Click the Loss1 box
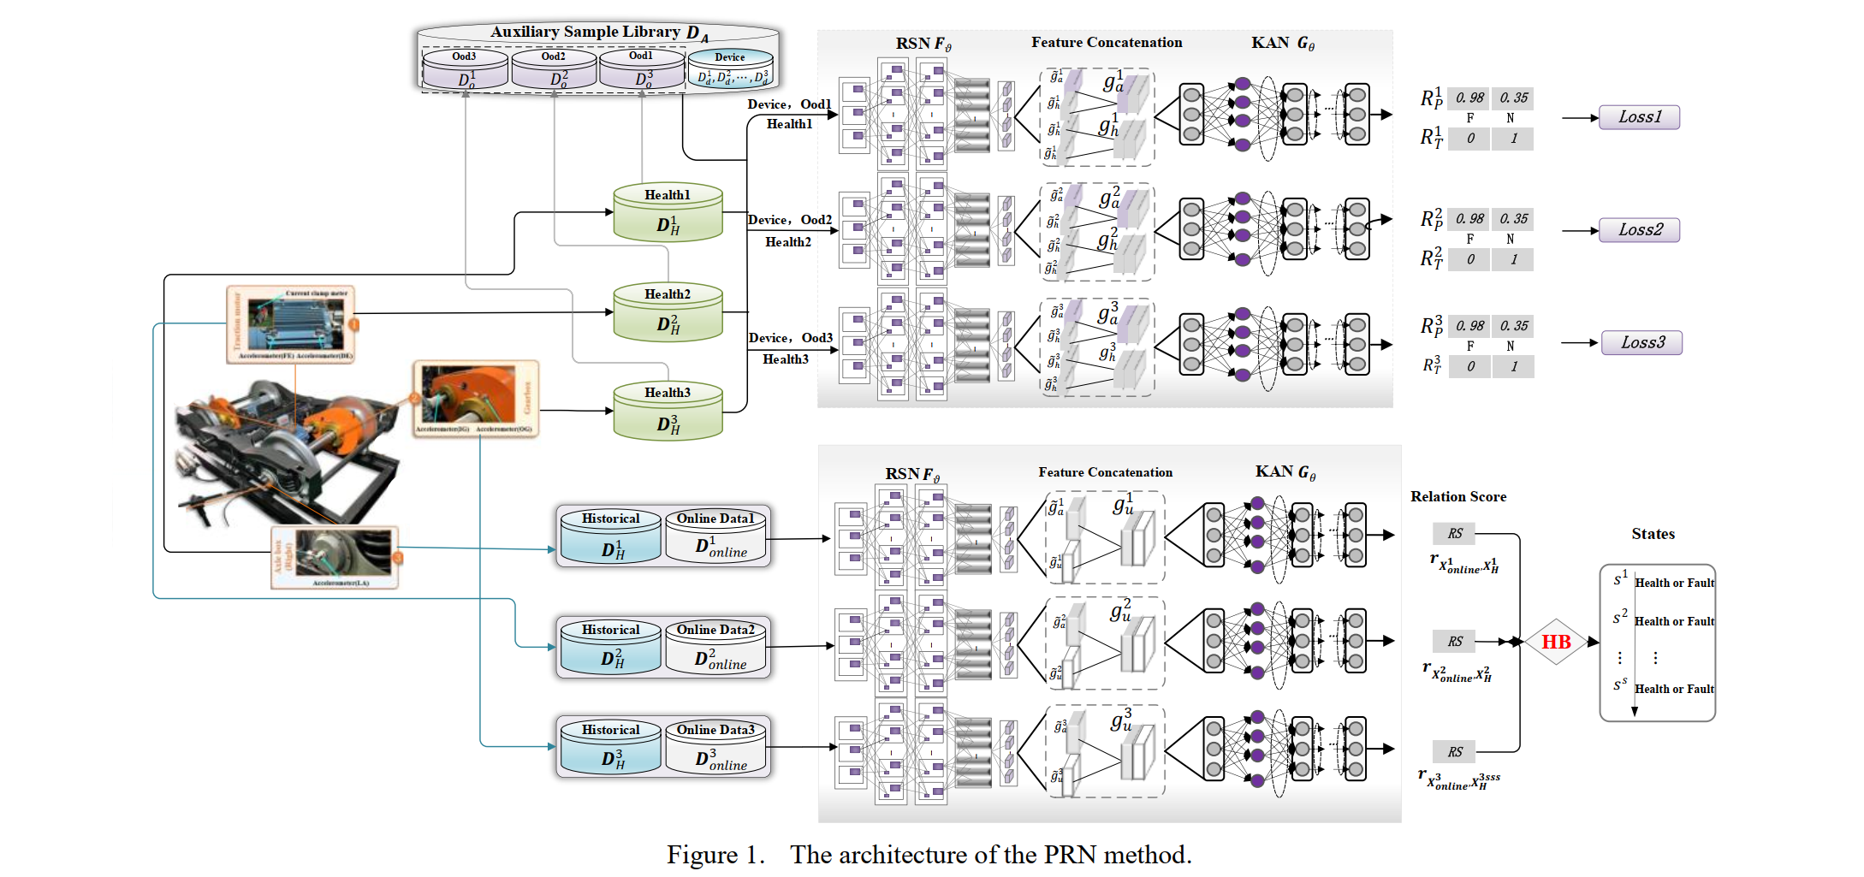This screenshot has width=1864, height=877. pos(1639,117)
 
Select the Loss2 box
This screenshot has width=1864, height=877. pos(1639,230)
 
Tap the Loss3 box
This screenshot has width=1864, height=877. pos(1641,343)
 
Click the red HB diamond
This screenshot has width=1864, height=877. pos(1556,642)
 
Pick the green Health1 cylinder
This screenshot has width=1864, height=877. pos(668,213)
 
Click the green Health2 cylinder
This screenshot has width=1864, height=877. pos(668,312)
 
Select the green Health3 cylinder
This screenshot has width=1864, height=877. pos(668,412)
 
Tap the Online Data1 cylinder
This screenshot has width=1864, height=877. pos(715,536)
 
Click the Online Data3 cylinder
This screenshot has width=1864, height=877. pos(715,748)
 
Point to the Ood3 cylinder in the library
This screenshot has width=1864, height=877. pos(465,69)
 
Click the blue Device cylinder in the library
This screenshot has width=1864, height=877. pos(730,69)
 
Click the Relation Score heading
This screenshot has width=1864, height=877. pos(1457,496)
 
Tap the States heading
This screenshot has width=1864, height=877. pos(1653,534)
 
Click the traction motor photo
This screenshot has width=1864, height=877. pos(291,324)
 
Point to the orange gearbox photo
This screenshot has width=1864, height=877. pos(475,398)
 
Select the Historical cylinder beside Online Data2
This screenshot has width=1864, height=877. pos(611,648)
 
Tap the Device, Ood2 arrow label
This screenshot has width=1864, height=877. pos(789,220)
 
